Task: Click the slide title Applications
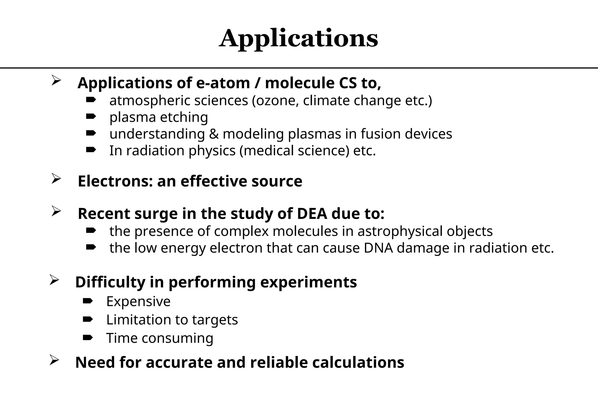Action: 298,39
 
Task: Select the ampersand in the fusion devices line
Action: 214,134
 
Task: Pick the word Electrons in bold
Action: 115,181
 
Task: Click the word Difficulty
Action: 110,282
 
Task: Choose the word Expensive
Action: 138,301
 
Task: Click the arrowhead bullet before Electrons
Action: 55,178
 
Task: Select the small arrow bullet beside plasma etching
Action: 91,117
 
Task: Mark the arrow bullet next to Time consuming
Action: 88,338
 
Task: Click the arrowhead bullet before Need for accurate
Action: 54,360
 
